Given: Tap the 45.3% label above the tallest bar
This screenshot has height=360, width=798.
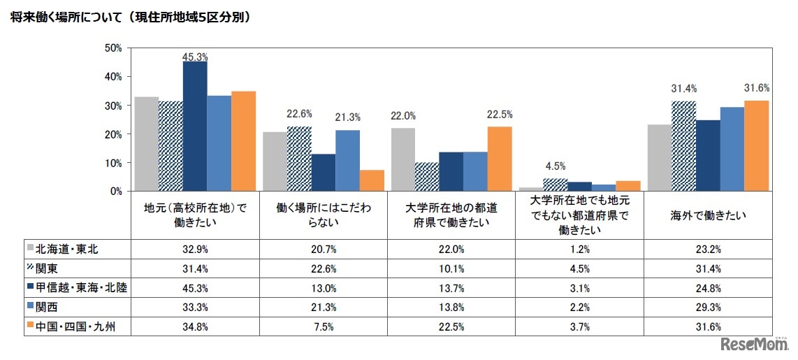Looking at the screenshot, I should coord(195,57).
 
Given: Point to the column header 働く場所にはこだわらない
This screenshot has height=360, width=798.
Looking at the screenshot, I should coord(324,216).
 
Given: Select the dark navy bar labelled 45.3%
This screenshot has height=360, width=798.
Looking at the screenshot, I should coord(195,126).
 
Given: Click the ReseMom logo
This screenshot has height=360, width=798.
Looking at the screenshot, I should coord(752,345).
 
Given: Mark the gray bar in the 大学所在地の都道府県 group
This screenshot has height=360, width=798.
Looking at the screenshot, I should coord(403,159).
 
